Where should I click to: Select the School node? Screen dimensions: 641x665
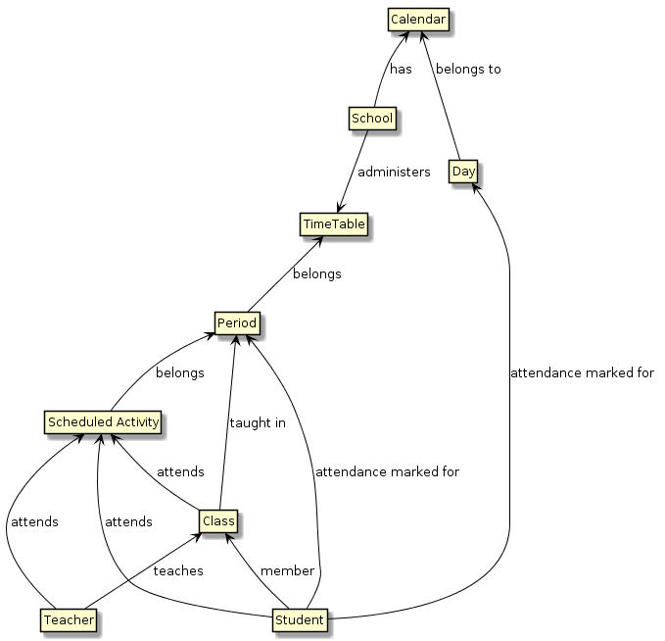pos(371,119)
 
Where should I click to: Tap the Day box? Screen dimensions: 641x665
pos(464,171)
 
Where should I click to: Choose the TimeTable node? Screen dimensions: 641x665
pos(333,223)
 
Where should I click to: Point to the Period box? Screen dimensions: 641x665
pos(236,321)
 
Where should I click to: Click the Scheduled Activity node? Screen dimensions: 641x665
pos(102,421)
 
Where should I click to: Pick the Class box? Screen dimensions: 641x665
pos(217,521)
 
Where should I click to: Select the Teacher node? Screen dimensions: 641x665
pos(70,619)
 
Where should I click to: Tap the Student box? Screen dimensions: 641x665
pos(298,619)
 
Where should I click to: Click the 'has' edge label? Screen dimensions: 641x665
pos(400,70)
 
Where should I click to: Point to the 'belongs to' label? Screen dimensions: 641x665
pos(468,70)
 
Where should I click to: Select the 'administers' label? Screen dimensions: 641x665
pos(394,172)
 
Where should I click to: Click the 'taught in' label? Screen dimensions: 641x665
pos(257,423)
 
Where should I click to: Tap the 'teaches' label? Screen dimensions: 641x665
pos(178,570)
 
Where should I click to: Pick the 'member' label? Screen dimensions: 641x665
pos(287,570)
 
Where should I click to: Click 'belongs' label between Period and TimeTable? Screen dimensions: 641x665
pos(316,273)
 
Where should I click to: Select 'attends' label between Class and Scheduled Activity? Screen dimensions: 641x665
pos(180,471)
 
